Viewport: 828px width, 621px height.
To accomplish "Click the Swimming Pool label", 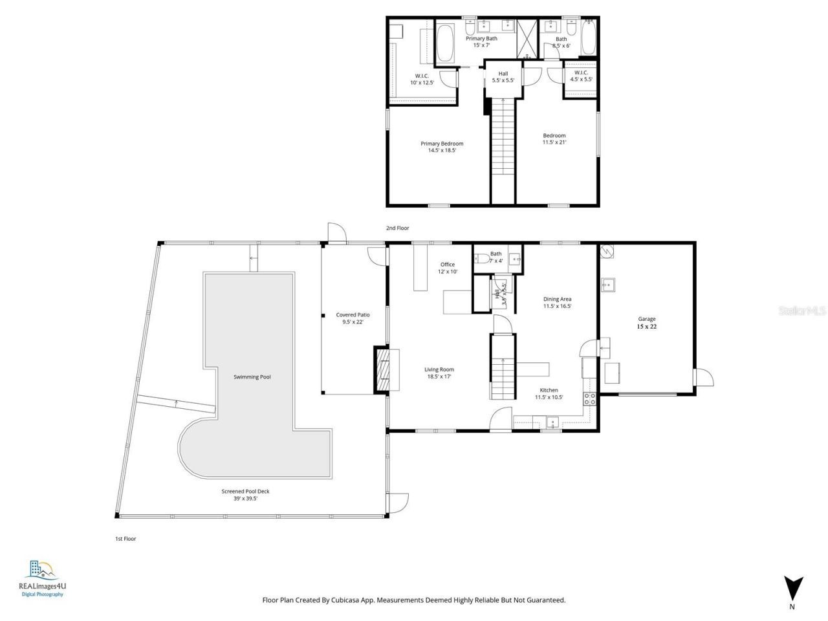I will click(x=252, y=376).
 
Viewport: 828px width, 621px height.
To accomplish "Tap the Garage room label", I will click(x=647, y=319).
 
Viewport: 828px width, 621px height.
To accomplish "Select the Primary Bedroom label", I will click(x=442, y=144).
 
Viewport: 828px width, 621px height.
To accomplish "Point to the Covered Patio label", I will click(x=353, y=315).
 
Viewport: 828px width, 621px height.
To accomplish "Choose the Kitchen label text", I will click(x=549, y=390).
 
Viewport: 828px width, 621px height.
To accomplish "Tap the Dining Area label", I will click(x=557, y=299).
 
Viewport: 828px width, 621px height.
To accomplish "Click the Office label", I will click(x=447, y=265).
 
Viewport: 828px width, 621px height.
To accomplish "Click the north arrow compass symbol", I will click(x=793, y=588).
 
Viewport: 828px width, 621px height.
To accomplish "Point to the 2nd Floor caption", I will click(x=397, y=228).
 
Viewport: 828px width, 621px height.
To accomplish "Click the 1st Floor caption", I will click(x=125, y=538).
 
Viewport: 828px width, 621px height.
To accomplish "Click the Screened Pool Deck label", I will click(x=245, y=492).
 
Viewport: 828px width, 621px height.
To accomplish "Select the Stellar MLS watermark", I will click(x=801, y=311).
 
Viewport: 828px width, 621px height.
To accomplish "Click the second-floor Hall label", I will click(x=503, y=74).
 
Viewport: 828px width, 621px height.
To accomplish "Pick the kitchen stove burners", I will click(x=589, y=398).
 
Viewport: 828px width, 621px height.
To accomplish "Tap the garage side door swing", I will click(x=704, y=376).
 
